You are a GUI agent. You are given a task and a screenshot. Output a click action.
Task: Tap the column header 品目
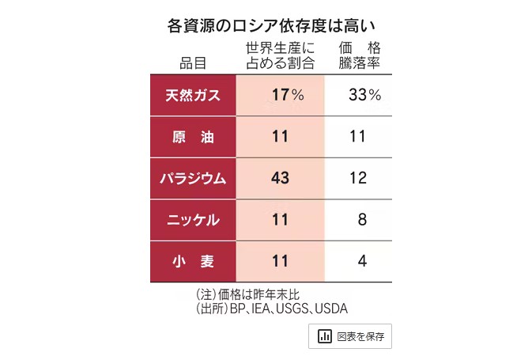(192, 62)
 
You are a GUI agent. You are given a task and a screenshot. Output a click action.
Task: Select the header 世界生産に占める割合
(280, 55)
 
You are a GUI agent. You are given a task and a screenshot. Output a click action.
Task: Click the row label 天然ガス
(192, 95)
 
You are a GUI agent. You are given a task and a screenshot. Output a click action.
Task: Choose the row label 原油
(192, 136)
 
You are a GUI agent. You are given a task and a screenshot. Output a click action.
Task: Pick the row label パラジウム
(192, 178)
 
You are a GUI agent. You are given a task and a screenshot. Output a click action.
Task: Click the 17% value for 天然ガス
(287, 95)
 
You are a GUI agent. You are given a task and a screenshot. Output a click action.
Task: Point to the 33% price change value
(364, 95)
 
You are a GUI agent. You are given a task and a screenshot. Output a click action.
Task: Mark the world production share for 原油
(280, 136)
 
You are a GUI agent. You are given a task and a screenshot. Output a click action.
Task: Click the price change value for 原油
(357, 136)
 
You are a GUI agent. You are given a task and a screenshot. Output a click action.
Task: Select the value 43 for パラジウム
(280, 178)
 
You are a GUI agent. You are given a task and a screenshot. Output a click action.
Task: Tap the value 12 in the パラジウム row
(357, 178)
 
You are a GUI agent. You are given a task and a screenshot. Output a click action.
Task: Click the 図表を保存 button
(350, 336)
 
